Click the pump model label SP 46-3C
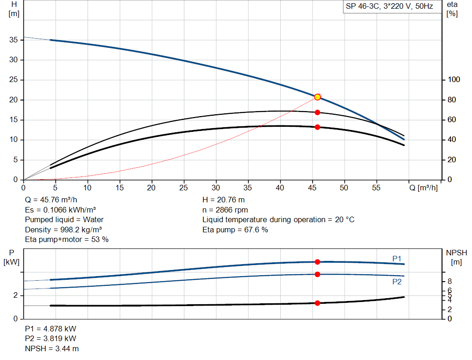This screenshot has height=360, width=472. (389, 7)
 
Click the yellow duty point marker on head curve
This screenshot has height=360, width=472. (317, 97)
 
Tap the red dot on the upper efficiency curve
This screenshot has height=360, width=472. (317, 112)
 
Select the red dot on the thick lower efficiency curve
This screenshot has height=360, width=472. (317, 127)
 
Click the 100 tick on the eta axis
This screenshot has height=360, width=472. (454, 80)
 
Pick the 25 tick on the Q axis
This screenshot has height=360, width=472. (184, 188)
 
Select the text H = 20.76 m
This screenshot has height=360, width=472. (224, 200)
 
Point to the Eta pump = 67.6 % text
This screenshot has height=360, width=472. (235, 230)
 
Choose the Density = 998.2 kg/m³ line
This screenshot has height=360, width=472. (64, 230)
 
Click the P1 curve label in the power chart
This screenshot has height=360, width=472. (397, 259)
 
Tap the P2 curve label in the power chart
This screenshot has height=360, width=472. (397, 282)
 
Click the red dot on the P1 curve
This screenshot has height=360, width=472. (317, 262)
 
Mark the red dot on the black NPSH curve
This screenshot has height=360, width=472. (317, 303)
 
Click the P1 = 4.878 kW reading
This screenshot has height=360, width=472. (51, 329)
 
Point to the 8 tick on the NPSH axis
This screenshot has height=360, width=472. (449, 281)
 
